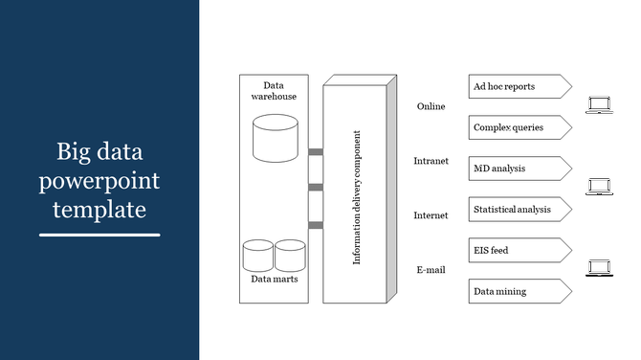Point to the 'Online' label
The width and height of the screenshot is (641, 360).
point(431,106)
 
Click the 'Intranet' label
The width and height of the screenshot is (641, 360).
point(431,161)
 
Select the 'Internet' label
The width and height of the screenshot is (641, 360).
point(431,215)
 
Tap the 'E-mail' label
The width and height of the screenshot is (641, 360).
point(431,270)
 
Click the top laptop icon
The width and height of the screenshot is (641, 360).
point(599,105)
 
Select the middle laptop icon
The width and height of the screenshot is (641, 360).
point(599,186)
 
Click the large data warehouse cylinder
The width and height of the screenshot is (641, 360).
point(275,138)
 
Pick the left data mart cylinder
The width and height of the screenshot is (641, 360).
point(258,255)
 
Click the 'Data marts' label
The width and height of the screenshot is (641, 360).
point(274,280)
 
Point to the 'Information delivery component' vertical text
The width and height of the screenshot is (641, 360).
point(357,197)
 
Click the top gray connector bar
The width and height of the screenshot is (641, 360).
point(315,151)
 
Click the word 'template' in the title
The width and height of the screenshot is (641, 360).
point(99,208)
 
